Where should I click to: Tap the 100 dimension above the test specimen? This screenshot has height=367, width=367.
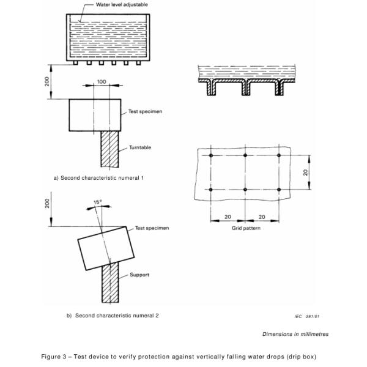point(100,82)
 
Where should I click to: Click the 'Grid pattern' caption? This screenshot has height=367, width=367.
point(245,229)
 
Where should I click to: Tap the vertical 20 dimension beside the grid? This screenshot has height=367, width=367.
point(305,173)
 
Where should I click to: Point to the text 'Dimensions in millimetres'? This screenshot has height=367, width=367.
point(295,334)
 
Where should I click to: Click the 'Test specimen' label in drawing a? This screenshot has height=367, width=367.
point(145,112)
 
